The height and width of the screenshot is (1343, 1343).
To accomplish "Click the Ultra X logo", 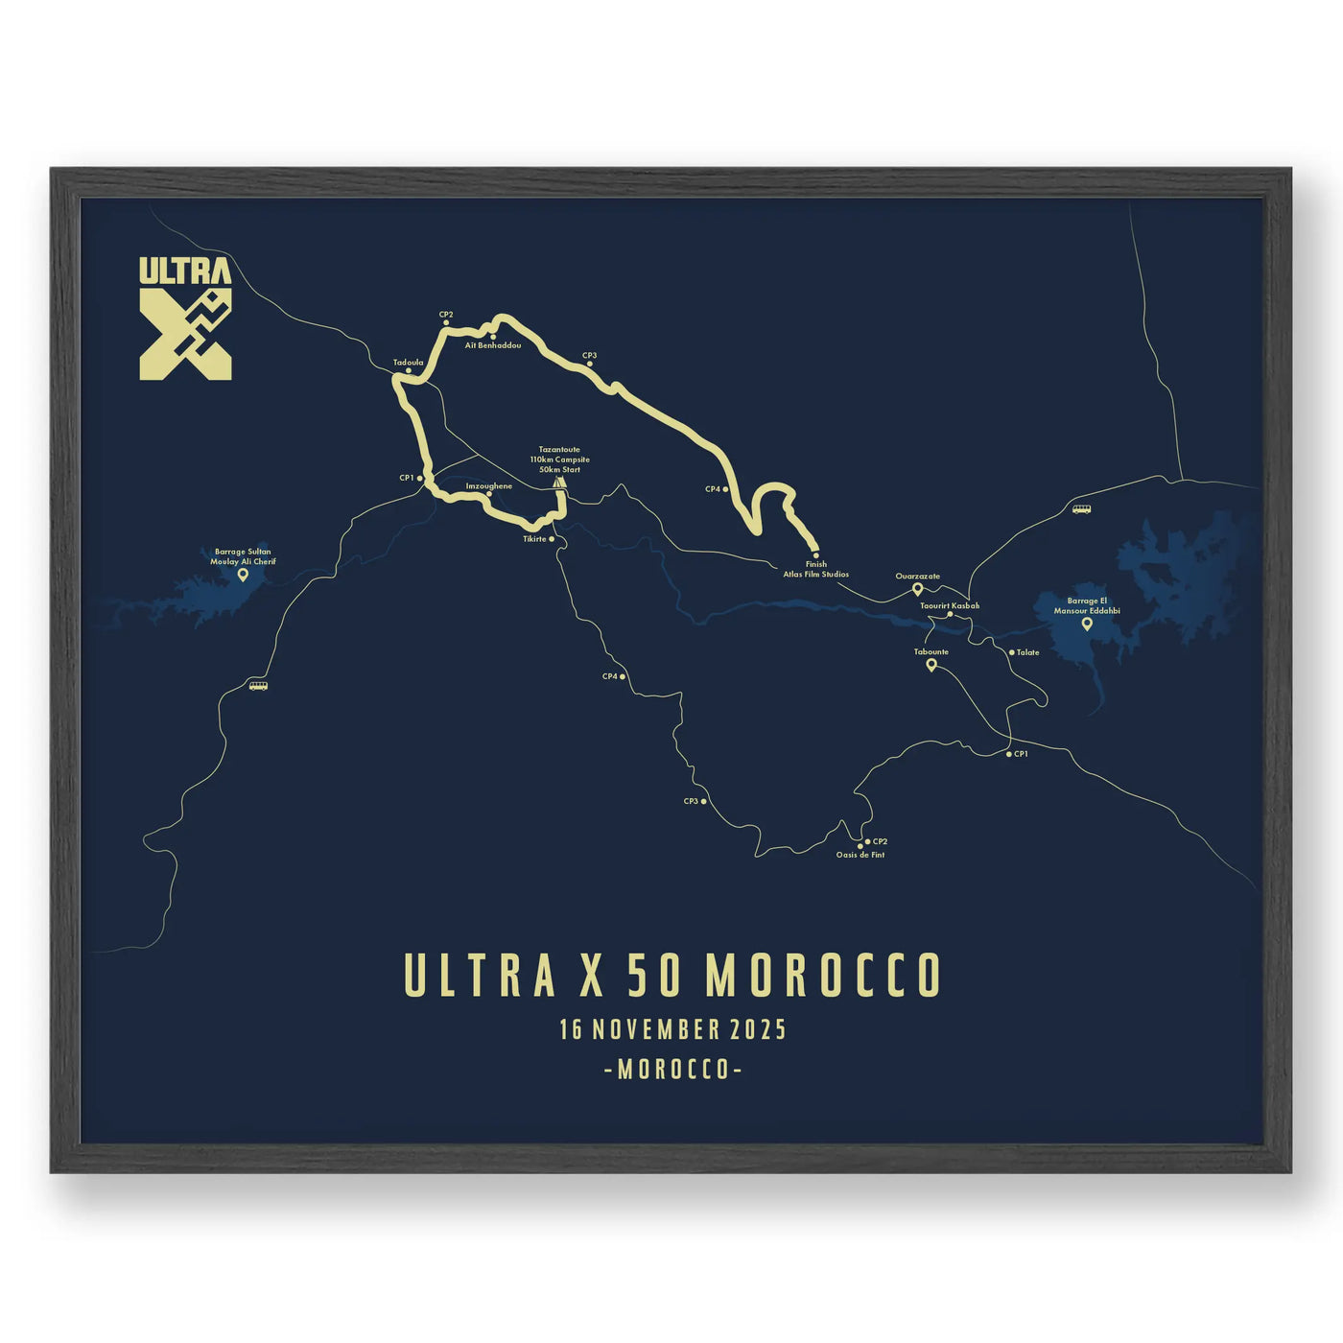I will [x=185, y=318].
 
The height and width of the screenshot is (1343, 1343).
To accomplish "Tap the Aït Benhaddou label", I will [x=492, y=345].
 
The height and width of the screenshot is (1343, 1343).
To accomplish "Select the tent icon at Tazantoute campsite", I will [x=559, y=484].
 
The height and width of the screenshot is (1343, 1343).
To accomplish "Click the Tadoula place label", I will [x=408, y=363].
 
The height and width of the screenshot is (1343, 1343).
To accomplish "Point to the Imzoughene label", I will [x=488, y=486].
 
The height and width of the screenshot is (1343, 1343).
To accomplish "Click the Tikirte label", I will [x=534, y=539].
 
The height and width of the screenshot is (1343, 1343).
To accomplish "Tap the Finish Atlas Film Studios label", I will [x=815, y=570].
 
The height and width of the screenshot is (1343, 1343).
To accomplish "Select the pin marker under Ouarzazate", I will [x=917, y=589].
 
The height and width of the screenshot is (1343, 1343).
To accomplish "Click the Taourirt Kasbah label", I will [x=950, y=606].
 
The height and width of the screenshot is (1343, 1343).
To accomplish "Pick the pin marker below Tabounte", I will [x=931, y=664].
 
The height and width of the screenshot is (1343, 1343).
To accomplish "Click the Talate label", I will [x=1027, y=652].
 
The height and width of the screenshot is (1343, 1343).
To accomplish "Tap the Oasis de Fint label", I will [x=860, y=855].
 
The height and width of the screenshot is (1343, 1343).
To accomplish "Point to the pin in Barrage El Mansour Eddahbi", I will [x=1087, y=624].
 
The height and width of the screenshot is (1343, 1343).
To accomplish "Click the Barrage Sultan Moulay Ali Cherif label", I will [x=243, y=556].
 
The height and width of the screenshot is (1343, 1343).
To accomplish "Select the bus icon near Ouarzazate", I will [x=1081, y=509].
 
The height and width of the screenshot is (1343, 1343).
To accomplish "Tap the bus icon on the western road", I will [x=258, y=686].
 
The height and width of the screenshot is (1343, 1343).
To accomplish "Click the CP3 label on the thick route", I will [x=589, y=356].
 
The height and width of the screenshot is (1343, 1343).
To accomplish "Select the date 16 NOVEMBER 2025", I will [x=672, y=1030].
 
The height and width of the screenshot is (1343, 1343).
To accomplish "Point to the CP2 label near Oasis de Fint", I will [x=880, y=841].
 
